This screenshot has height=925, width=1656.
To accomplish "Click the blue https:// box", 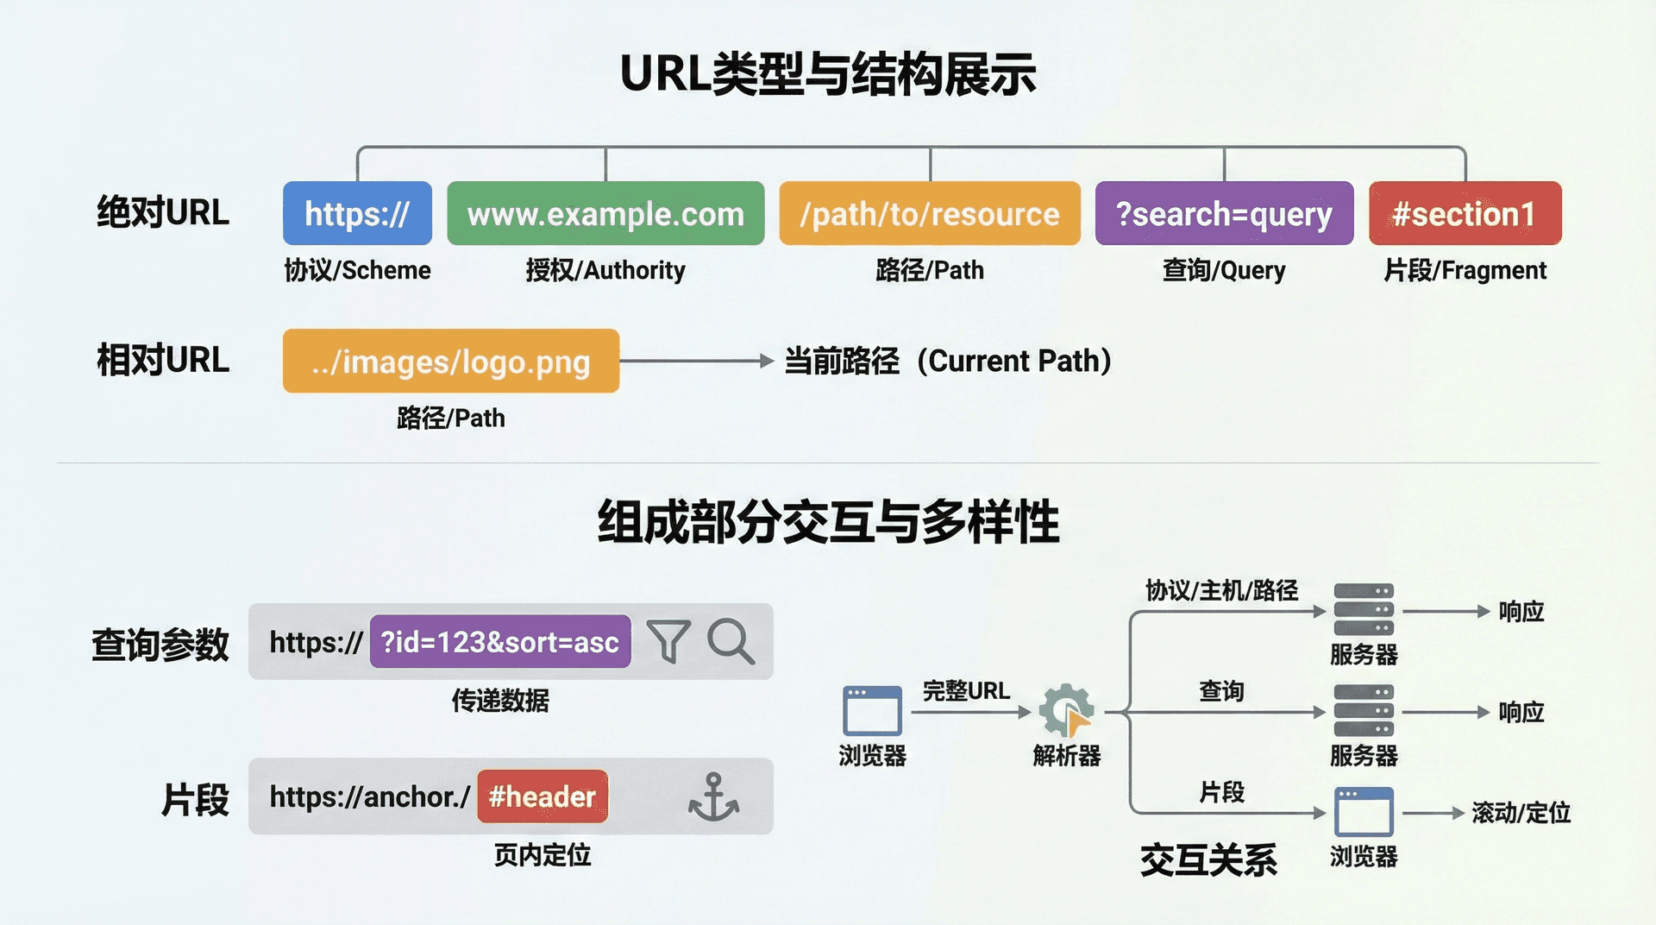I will click(x=357, y=213).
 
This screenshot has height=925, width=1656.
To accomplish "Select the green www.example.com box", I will click(x=605, y=213).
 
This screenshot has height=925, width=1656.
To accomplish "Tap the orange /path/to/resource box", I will click(x=929, y=213).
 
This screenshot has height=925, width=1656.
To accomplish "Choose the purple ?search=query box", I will click(x=1223, y=213).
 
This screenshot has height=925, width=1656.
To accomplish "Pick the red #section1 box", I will click(x=1465, y=213).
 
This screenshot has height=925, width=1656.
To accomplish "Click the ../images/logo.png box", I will click(x=450, y=361).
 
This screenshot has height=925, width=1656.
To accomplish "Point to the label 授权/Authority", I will click(x=605, y=270).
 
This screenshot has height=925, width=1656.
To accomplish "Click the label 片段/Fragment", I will click(x=1465, y=270).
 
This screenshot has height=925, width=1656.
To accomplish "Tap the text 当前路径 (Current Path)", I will click(x=947, y=361).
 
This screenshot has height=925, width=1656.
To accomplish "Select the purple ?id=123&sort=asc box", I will click(x=500, y=642).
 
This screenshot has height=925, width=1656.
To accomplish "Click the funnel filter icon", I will click(x=668, y=641).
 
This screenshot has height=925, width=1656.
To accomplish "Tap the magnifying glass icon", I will click(x=731, y=641).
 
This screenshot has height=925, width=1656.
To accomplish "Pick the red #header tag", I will click(x=543, y=796).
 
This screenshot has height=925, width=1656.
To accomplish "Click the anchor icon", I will click(x=713, y=796).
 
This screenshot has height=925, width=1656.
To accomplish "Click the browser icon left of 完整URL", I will click(x=872, y=710).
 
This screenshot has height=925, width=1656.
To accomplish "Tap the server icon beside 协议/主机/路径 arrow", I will click(x=1363, y=610).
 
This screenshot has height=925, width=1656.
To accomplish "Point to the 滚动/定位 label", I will click(x=1521, y=813).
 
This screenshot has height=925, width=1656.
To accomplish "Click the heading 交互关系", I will click(x=1208, y=860).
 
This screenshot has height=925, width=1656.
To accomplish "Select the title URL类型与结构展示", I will click(x=828, y=74).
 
